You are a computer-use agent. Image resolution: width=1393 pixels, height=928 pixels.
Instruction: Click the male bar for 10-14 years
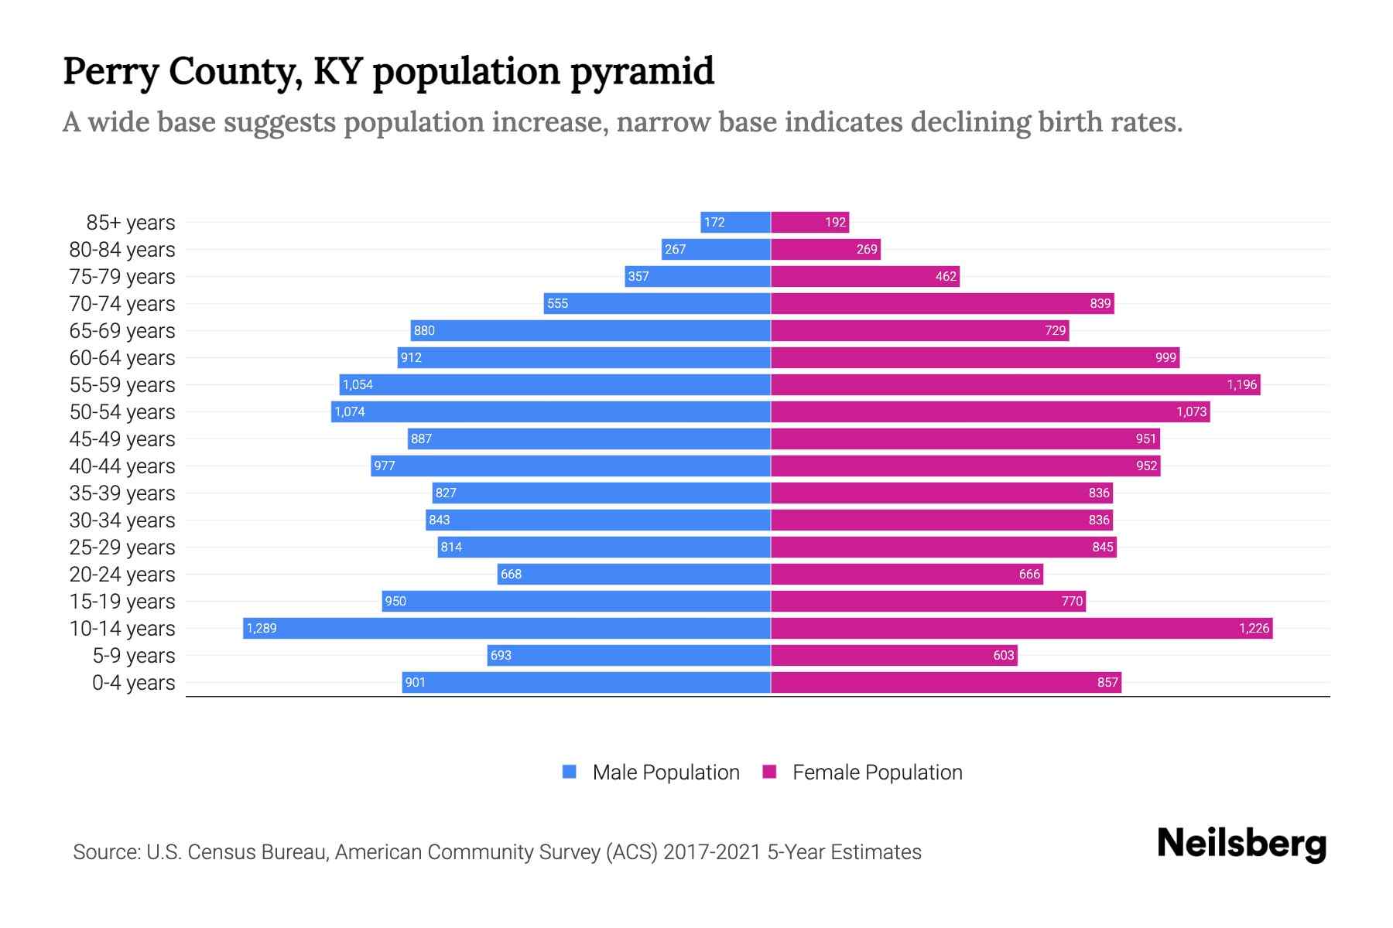507,628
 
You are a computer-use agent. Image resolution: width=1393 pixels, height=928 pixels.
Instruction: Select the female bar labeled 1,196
1015,384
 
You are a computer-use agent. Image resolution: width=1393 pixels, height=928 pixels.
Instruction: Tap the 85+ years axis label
130,223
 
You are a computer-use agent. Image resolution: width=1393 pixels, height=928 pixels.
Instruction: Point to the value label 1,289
262,628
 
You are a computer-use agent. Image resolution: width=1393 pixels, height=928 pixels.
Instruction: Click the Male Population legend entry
651,772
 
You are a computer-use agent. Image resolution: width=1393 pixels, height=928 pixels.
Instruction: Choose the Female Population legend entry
863,772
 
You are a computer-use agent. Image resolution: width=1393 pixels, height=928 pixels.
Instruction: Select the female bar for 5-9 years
894,655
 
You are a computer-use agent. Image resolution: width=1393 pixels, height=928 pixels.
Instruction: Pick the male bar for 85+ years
735,222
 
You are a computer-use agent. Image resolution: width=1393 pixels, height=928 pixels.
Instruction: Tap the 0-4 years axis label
133,683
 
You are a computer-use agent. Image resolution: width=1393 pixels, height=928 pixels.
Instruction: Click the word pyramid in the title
642,71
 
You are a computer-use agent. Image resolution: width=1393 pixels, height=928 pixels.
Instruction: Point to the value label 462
946,276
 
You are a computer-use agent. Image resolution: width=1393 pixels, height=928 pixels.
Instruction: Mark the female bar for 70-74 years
942,303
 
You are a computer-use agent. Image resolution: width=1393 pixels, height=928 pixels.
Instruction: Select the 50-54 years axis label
122,412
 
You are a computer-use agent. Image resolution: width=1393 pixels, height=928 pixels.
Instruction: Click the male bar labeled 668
634,574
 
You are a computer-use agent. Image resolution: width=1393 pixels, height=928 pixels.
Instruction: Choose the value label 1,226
1254,628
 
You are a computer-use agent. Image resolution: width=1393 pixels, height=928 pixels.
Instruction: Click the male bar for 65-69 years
590,330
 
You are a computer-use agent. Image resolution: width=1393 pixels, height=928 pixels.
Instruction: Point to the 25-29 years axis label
122,548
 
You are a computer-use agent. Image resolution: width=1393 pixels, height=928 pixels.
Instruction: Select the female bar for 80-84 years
826,249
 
